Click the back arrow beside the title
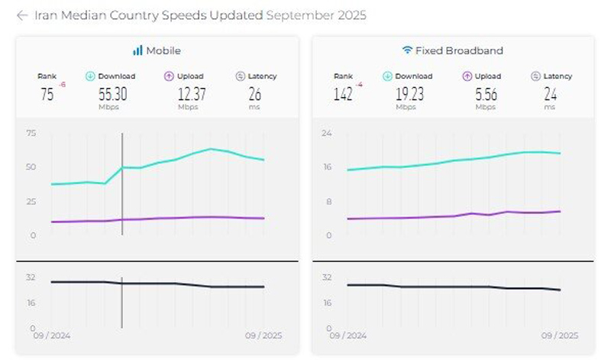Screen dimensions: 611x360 [22, 15]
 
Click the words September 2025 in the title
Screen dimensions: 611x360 [316, 15]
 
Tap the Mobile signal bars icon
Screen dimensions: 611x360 [137, 50]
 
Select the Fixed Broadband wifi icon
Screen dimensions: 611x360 [407, 50]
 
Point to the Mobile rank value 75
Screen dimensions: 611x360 [47, 94]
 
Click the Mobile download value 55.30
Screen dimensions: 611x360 [112, 94]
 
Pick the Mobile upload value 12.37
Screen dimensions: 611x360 [192, 94]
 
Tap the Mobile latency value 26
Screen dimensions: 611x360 [255, 94]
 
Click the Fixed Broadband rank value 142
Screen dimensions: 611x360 [343, 94]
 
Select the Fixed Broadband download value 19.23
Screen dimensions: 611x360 [409, 94]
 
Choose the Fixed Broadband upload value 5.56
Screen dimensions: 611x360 [487, 94]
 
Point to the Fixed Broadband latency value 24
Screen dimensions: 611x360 [551, 94]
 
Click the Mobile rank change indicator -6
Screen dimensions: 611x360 [63, 85]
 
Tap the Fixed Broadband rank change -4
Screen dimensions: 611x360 [359, 85]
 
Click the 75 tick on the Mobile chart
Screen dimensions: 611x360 [31, 133]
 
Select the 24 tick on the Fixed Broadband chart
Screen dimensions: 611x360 [327, 133]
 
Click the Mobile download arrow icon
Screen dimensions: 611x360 [90, 76]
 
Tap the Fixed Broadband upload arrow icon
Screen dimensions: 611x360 [467, 76]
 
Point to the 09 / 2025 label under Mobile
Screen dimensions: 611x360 [263, 336]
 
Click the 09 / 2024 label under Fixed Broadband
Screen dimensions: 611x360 [348, 336]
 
